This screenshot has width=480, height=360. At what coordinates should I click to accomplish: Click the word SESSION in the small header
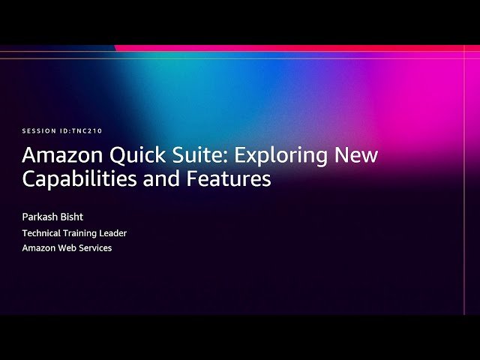(x=37, y=131)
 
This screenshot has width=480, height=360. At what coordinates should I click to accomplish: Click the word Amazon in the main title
(x=58, y=156)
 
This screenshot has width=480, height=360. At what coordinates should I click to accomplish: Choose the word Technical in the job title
(x=43, y=233)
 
